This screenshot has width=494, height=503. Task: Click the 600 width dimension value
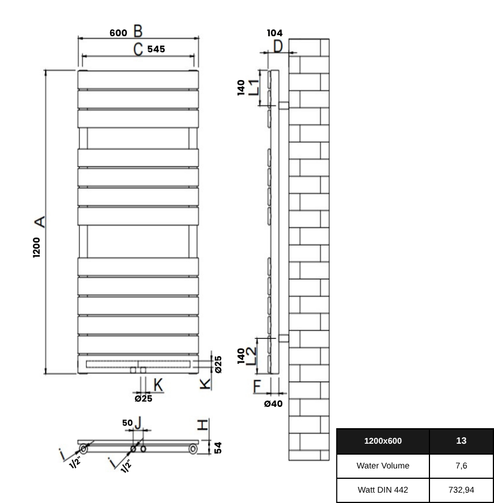click(118, 33)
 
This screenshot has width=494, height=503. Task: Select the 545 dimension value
click(156, 49)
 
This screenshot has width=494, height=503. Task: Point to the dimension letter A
click(40, 222)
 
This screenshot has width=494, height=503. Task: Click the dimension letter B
click(138, 31)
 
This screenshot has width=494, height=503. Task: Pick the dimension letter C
click(138, 49)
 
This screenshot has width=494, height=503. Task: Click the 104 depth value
click(274, 33)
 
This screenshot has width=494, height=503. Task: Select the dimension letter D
click(278, 47)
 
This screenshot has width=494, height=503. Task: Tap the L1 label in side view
click(254, 87)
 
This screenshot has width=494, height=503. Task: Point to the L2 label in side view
click(251, 356)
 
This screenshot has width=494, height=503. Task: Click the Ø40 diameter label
click(273, 403)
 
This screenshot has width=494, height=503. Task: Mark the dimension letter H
click(202, 425)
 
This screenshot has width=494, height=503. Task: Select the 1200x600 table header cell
click(383, 441)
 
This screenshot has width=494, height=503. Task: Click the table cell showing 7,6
click(461, 466)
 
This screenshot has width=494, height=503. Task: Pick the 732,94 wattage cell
click(461, 490)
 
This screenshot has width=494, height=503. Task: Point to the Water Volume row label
click(383, 466)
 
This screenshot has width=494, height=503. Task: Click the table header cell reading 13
click(461, 441)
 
